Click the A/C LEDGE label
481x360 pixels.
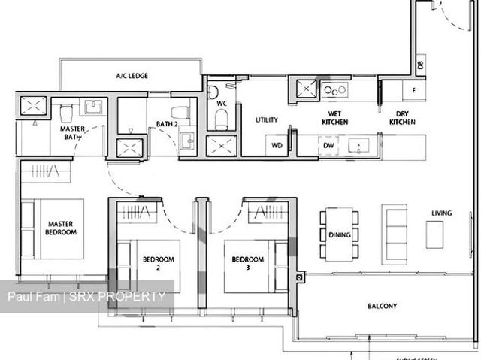[132, 76]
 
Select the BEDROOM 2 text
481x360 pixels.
[158, 263]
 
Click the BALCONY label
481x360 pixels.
[382, 306]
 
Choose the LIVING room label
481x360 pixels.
[441, 213]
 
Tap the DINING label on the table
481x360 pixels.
[340, 235]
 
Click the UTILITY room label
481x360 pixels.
[266, 120]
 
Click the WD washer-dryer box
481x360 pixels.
[277, 145]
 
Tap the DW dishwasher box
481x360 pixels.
[329, 145]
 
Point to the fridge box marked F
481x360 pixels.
[413, 91]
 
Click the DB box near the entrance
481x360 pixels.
[419, 66]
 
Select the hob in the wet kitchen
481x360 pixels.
[335, 90]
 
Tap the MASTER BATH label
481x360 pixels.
[73, 132]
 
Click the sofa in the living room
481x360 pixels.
[395, 232]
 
